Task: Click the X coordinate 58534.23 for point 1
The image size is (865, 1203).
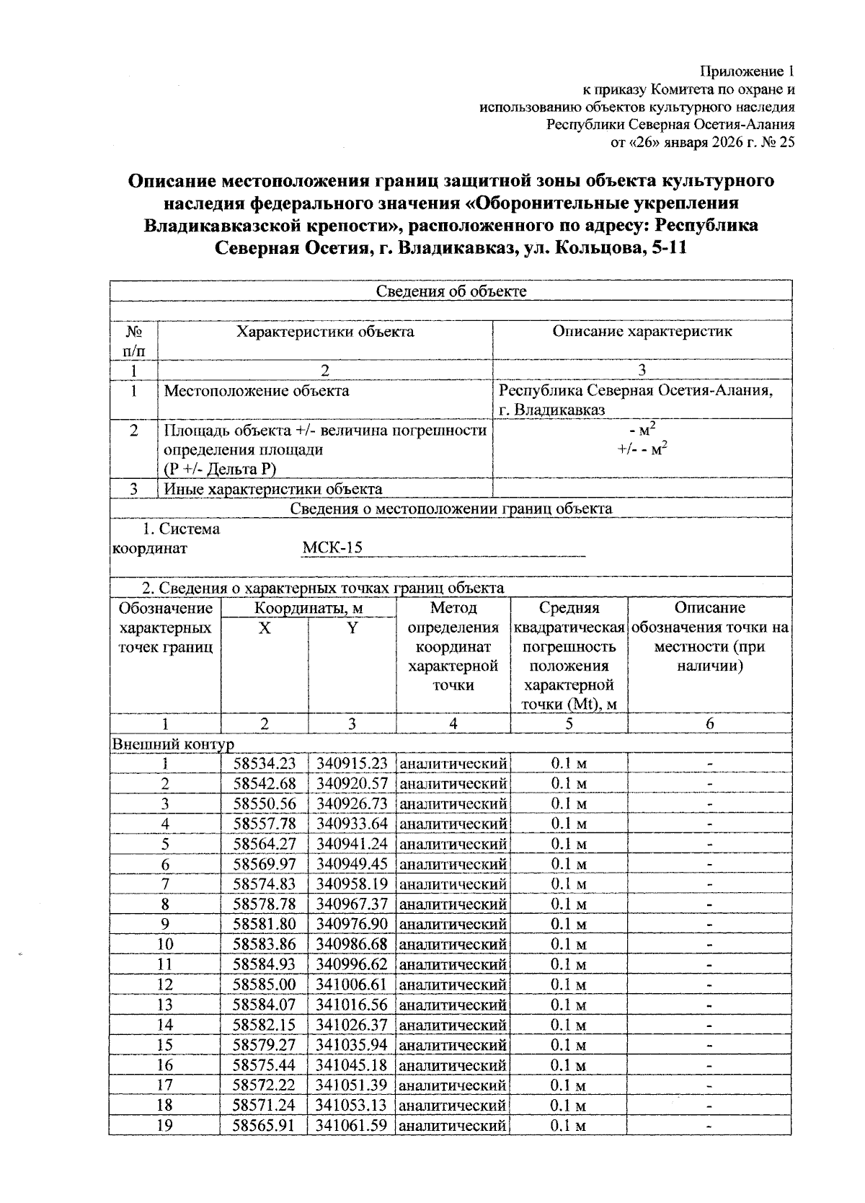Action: pyautogui.click(x=265, y=763)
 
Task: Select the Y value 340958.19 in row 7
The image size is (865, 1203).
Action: pyautogui.click(x=352, y=884)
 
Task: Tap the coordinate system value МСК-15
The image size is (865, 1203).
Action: pyautogui.click(x=332, y=547)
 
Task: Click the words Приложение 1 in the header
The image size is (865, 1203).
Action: pyautogui.click(x=748, y=71)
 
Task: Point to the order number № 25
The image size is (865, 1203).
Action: pyautogui.click(x=778, y=142)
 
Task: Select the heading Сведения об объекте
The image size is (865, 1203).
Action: pyautogui.click(x=451, y=291)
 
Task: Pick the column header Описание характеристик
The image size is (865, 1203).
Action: pyautogui.click(x=642, y=331)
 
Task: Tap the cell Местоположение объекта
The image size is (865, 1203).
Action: pyautogui.click(x=257, y=391)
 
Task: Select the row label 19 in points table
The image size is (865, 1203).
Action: pyautogui.click(x=165, y=1124)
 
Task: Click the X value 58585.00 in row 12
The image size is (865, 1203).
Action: pyautogui.click(x=265, y=984)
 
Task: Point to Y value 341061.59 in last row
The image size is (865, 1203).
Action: pyautogui.click(x=352, y=1124)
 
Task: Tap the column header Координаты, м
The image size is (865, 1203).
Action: pyautogui.click(x=309, y=608)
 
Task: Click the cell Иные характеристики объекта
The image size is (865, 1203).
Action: pyautogui.click(x=273, y=489)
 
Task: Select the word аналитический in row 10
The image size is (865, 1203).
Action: pyautogui.click(x=453, y=944)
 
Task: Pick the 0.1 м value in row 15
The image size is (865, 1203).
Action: pyautogui.click(x=569, y=1045)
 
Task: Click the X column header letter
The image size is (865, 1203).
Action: pyautogui.click(x=265, y=628)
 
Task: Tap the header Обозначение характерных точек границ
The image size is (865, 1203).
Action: pyautogui.click(x=165, y=627)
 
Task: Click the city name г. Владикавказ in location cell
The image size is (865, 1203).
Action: pyautogui.click(x=552, y=410)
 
